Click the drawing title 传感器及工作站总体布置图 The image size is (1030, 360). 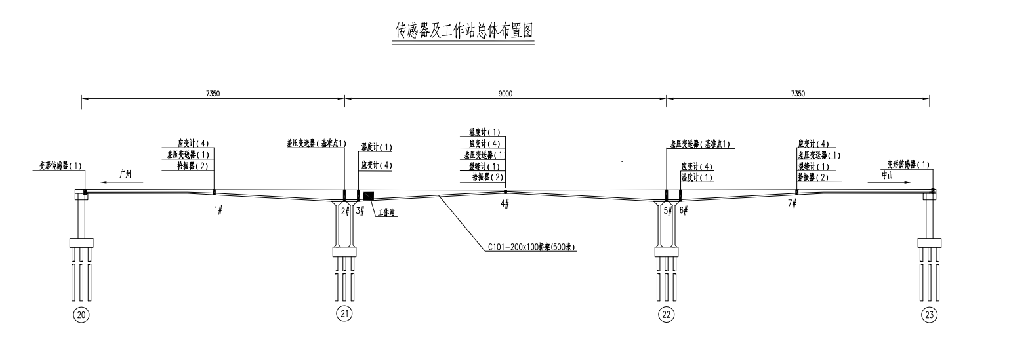pyautogui.click(x=463, y=31)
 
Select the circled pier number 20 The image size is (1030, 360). pyautogui.click(x=81, y=315)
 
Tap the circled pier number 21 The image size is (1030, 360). pyautogui.click(x=344, y=314)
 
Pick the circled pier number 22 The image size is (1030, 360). pyautogui.click(x=666, y=315)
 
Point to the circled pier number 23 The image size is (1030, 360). pyautogui.click(x=929, y=315)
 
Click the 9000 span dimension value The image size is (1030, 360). pyautogui.click(x=505, y=94)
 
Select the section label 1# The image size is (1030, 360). pyautogui.click(x=218, y=209)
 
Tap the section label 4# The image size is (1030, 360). pyautogui.click(x=505, y=204)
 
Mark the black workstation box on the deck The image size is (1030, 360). pyautogui.click(x=368, y=195)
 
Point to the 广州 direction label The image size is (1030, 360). pyautogui.click(x=125, y=174)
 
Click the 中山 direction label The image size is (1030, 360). pyautogui.click(x=887, y=175)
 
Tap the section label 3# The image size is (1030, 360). pyautogui.click(x=360, y=210)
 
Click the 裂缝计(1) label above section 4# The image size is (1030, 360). pyautogui.click(x=484, y=166)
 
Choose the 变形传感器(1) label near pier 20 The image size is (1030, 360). pyautogui.click(x=57, y=165)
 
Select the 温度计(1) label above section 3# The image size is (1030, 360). pyautogui.click(x=377, y=148)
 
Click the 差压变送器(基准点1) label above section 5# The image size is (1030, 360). pyautogui.click(x=700, y=143)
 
